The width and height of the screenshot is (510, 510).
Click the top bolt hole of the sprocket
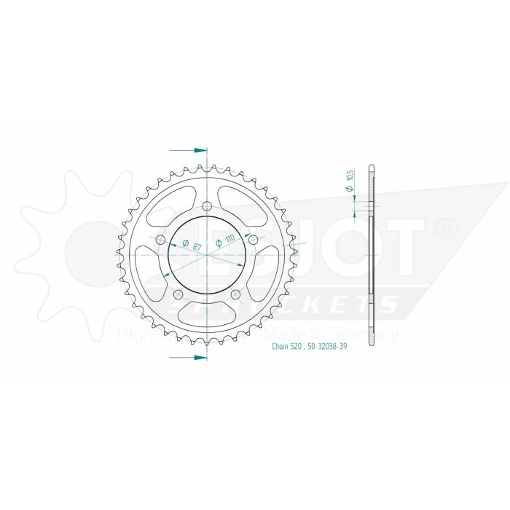[207, 205]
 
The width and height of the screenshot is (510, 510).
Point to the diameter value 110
[225, 241]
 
